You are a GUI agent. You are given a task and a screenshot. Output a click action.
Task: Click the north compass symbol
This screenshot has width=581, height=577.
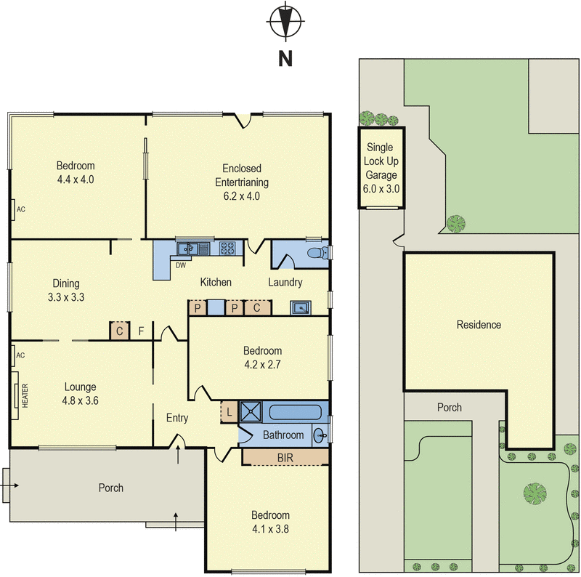(x=285, y=21)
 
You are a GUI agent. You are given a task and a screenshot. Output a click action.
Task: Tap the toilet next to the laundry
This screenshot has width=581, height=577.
(x=317, y=254)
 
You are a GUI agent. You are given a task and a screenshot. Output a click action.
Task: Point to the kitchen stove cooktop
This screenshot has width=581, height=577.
(x=227, y=249)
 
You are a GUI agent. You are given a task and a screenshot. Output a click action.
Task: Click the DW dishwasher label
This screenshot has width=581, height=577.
(x=180, y=265)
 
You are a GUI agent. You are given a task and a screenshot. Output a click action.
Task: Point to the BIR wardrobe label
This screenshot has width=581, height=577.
(x=285, y=457)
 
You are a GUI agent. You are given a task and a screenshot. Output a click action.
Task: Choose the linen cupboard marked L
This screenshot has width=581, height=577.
(x=229, y=412)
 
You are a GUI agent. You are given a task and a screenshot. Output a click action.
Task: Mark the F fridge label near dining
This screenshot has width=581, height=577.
(x=142, y=332)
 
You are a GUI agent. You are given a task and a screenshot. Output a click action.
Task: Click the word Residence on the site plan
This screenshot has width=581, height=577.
(x=478, y=324)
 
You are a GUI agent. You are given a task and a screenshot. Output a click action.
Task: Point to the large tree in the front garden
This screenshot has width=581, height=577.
(x=535, y=494)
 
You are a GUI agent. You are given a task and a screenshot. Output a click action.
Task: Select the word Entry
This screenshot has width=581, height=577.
(x=177, y=418)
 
